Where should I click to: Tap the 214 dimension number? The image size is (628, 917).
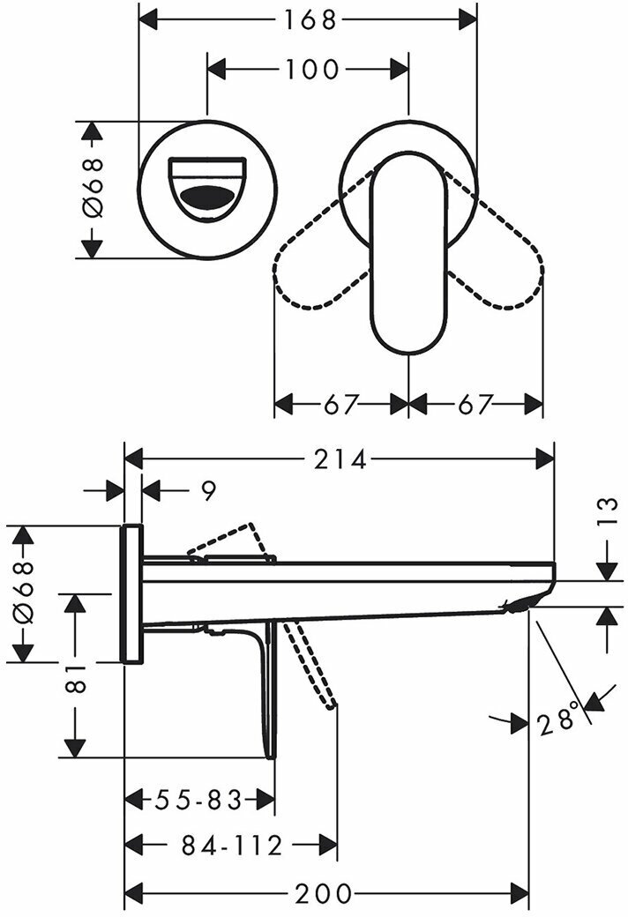(x=340, y=458)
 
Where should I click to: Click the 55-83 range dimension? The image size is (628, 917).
(x=198, y=800)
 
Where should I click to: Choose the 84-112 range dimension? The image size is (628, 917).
(x=232, y=846)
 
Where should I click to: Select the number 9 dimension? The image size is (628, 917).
(x=207, y=491)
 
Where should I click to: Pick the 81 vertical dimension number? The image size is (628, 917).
(x=77, y=678)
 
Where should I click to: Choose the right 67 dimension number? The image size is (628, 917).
(x=475, y=405)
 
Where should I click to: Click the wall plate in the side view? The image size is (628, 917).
(x=131, y=593)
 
